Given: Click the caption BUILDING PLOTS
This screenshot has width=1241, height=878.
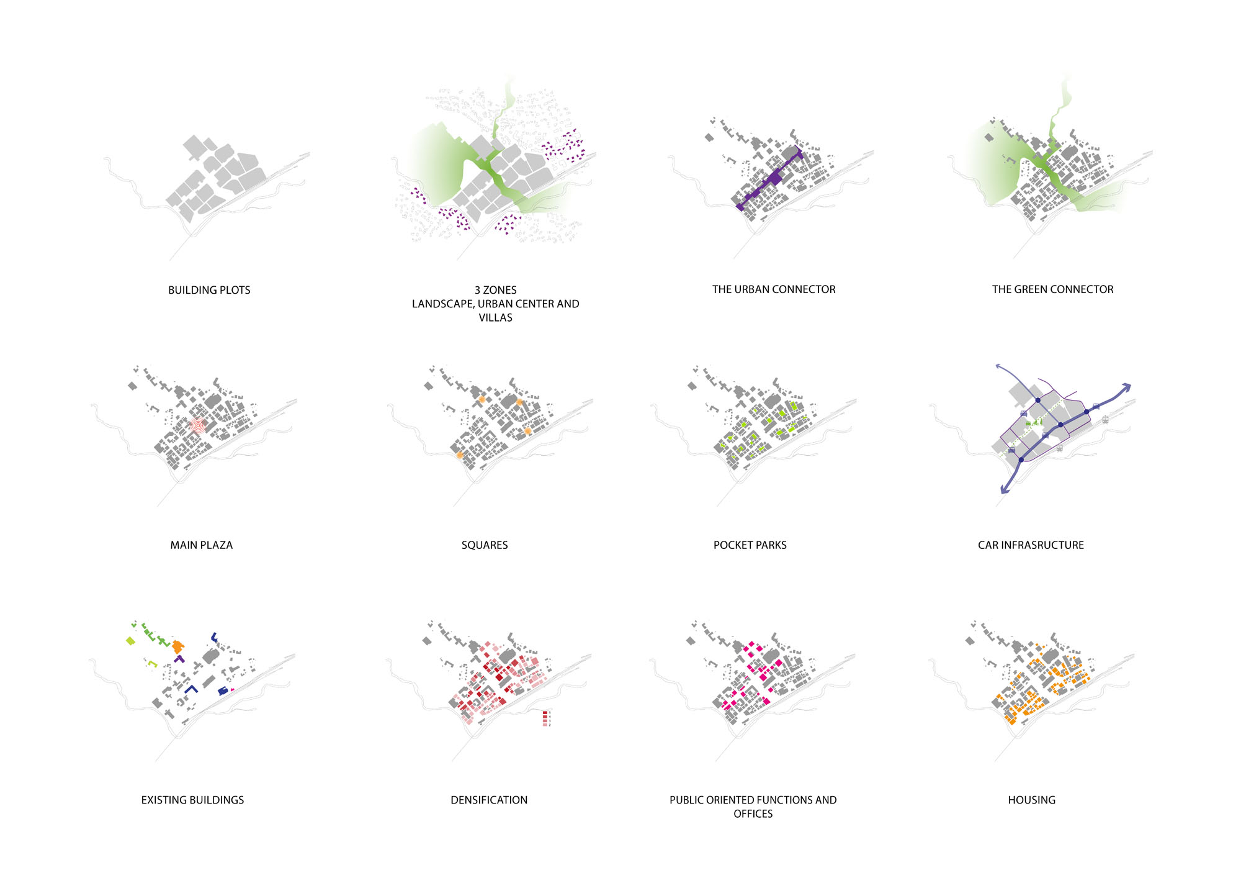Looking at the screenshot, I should (209, 290).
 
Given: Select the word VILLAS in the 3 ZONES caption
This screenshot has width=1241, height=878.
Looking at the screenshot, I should (495, 318).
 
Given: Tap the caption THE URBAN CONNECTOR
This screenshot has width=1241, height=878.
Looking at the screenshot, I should (773, 289).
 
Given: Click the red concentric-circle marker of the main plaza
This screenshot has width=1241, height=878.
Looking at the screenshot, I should (197, 426).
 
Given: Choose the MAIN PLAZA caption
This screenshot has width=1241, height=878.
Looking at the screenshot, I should (201, 545).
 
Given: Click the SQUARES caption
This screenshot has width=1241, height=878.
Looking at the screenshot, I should (484, 545).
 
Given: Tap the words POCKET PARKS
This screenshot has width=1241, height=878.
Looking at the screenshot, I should (750, 545).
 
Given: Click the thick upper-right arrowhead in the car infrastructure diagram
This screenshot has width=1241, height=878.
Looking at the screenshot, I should (1126, 387).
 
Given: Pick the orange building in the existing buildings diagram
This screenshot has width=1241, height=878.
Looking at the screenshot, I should (178, 646).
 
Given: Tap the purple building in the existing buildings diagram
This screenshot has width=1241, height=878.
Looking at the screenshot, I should (179, 659).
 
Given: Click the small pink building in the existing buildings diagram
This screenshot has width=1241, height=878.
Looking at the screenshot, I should (232, 690).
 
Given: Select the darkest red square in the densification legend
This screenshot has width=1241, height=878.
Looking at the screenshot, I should (545, 713).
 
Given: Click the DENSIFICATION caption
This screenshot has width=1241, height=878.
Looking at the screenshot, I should (489, 800).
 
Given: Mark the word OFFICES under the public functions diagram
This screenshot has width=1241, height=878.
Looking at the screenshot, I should (753, 814).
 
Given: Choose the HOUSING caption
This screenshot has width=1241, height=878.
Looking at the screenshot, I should (1031, 800).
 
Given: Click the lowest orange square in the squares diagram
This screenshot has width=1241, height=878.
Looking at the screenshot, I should (459, 455).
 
